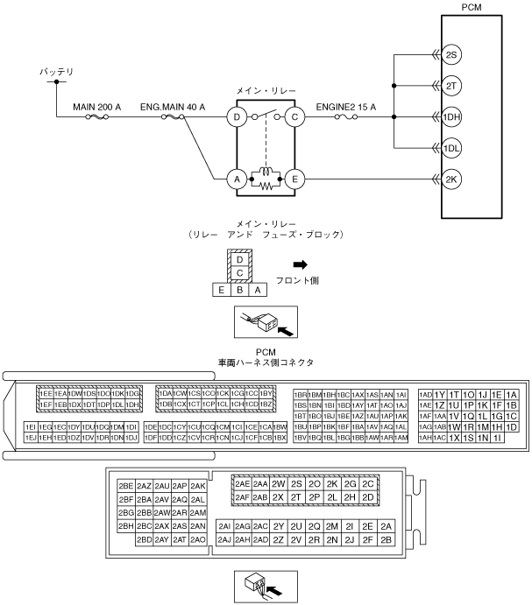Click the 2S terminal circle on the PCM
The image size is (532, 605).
click(450, 55)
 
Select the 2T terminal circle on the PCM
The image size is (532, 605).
click(450, 85)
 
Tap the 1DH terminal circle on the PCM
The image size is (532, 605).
click(450, 116)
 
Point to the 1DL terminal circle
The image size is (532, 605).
click(450, 146)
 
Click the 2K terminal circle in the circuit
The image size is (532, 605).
click(450, 179)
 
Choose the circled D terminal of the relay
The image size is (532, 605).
click(236, 116)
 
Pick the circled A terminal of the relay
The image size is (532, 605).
click(236, 179)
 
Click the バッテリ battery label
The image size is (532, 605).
click(57, 70)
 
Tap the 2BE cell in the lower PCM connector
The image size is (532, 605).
click(125, 485)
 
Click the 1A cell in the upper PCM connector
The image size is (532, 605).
click(512, 395)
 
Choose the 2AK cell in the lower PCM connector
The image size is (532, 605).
click(198, 485)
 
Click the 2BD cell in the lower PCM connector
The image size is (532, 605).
click(145, 539)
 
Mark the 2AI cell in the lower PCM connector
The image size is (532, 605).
click(224, 526)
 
